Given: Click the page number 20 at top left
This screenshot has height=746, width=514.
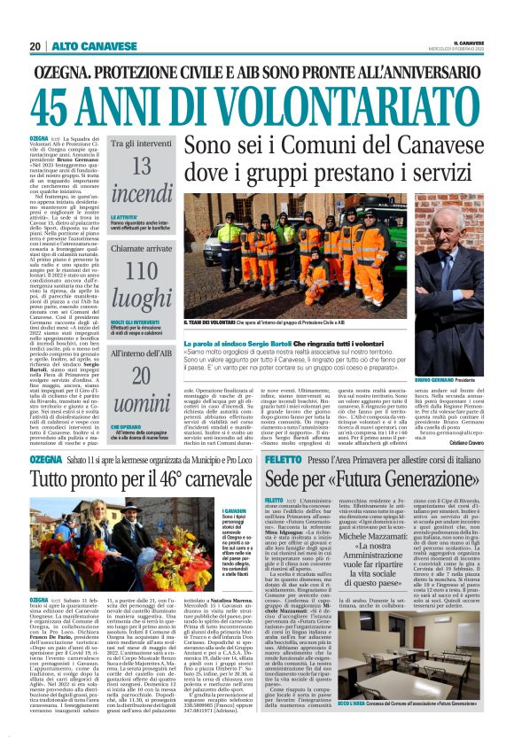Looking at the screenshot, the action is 35,46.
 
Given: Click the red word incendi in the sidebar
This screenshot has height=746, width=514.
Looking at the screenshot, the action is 142,194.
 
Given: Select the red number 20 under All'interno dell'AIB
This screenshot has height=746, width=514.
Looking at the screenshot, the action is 142,376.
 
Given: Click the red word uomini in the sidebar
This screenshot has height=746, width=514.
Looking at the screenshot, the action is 142,403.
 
